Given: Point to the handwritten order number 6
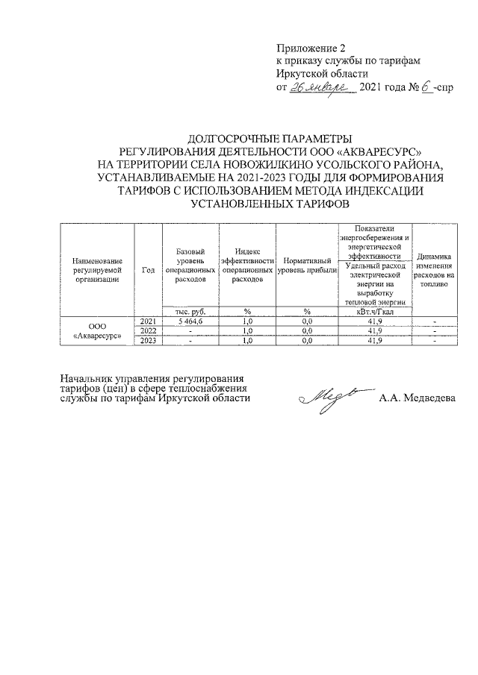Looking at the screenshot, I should coord(423,87).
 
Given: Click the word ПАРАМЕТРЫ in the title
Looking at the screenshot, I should coord(308,138).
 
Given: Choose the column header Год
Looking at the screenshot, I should coord(147,270).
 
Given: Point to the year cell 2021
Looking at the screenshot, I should coord(147,321).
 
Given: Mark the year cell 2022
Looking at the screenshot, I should coord(147,330).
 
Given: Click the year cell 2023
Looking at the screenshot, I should coord(147,341).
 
